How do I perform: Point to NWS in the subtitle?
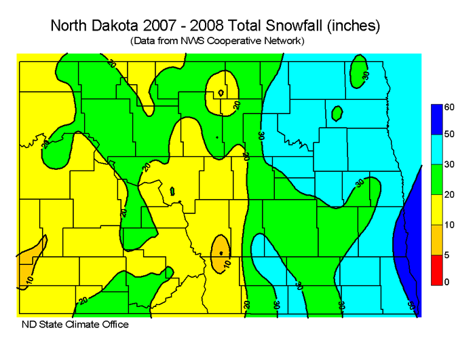tap(197, 41)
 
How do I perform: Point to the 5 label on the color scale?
tap(447, 254)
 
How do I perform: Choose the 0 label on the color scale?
tap(447, 281)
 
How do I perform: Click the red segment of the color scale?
tap(437, 270)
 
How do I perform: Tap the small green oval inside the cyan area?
tap(337, 113)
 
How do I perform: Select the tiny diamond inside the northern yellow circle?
tap(221, 93)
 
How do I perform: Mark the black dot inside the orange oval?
tap(221, 253)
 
